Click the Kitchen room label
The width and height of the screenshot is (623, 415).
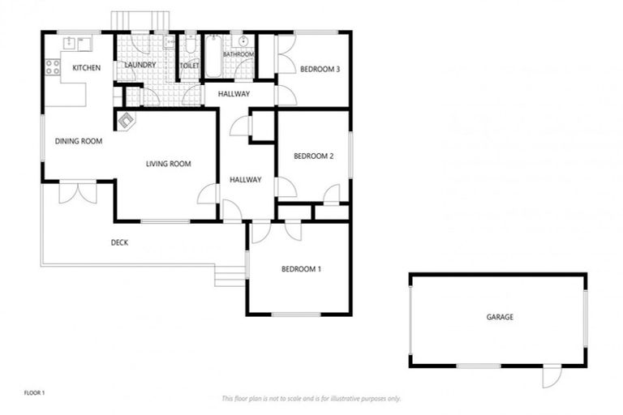pos(86,68)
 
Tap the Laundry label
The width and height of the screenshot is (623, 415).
pos(140,65)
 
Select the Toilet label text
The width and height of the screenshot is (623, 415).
pos(191,65)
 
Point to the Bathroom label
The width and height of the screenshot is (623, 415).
pos(238,54)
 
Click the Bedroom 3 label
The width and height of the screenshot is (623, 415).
pos(320,69)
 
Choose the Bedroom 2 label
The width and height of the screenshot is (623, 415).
pos(314,156)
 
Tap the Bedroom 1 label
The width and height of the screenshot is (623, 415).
pos(301,269)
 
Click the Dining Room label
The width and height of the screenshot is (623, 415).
pos(79,141)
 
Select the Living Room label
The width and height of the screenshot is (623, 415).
pos(168,164)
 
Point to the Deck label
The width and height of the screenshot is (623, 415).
pos(119,242)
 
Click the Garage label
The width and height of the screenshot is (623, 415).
pos(500,317)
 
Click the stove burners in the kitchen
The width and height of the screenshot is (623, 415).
pos(53,66)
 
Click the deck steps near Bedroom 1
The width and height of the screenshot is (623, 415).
pos(230,276)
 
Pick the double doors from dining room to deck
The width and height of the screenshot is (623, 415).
pos(78,192)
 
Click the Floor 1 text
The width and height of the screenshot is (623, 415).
pos(34,393)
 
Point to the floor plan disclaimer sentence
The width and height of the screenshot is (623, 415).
pos(311,398)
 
